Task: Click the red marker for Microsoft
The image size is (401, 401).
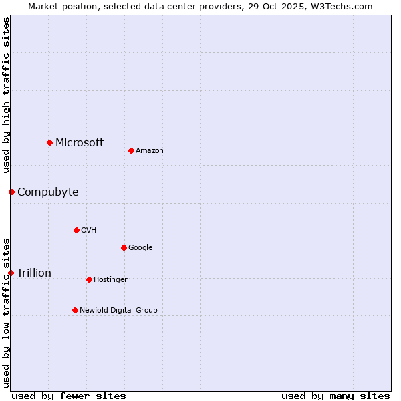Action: click(49, 142)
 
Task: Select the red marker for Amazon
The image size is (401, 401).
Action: click(131, 150)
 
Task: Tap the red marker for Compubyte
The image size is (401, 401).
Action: click(11, 192)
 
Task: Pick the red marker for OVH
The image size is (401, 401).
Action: click(76, 230)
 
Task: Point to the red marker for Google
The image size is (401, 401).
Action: click(124, 247)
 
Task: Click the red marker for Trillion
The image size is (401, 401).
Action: click(11, 273)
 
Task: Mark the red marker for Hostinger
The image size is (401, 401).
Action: click(89, 279)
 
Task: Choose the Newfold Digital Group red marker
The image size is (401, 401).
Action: click(75, 310)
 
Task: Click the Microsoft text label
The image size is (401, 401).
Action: click(80, 142)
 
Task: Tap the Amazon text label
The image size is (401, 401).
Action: click(150, 151)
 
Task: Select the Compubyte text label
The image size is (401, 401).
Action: click(47, 192)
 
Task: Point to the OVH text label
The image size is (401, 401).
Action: click(89, 231)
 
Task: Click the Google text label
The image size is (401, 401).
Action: click(140, 248)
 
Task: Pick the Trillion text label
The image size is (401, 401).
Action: click(34, 273)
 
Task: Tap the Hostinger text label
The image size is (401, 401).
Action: click(110, 280)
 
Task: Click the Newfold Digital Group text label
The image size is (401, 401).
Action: click(118, 311)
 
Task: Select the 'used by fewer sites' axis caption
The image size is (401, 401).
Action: click(69, 396)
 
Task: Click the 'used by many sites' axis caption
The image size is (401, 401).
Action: click(336, 396)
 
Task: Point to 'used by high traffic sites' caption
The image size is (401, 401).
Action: click(6, 95)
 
